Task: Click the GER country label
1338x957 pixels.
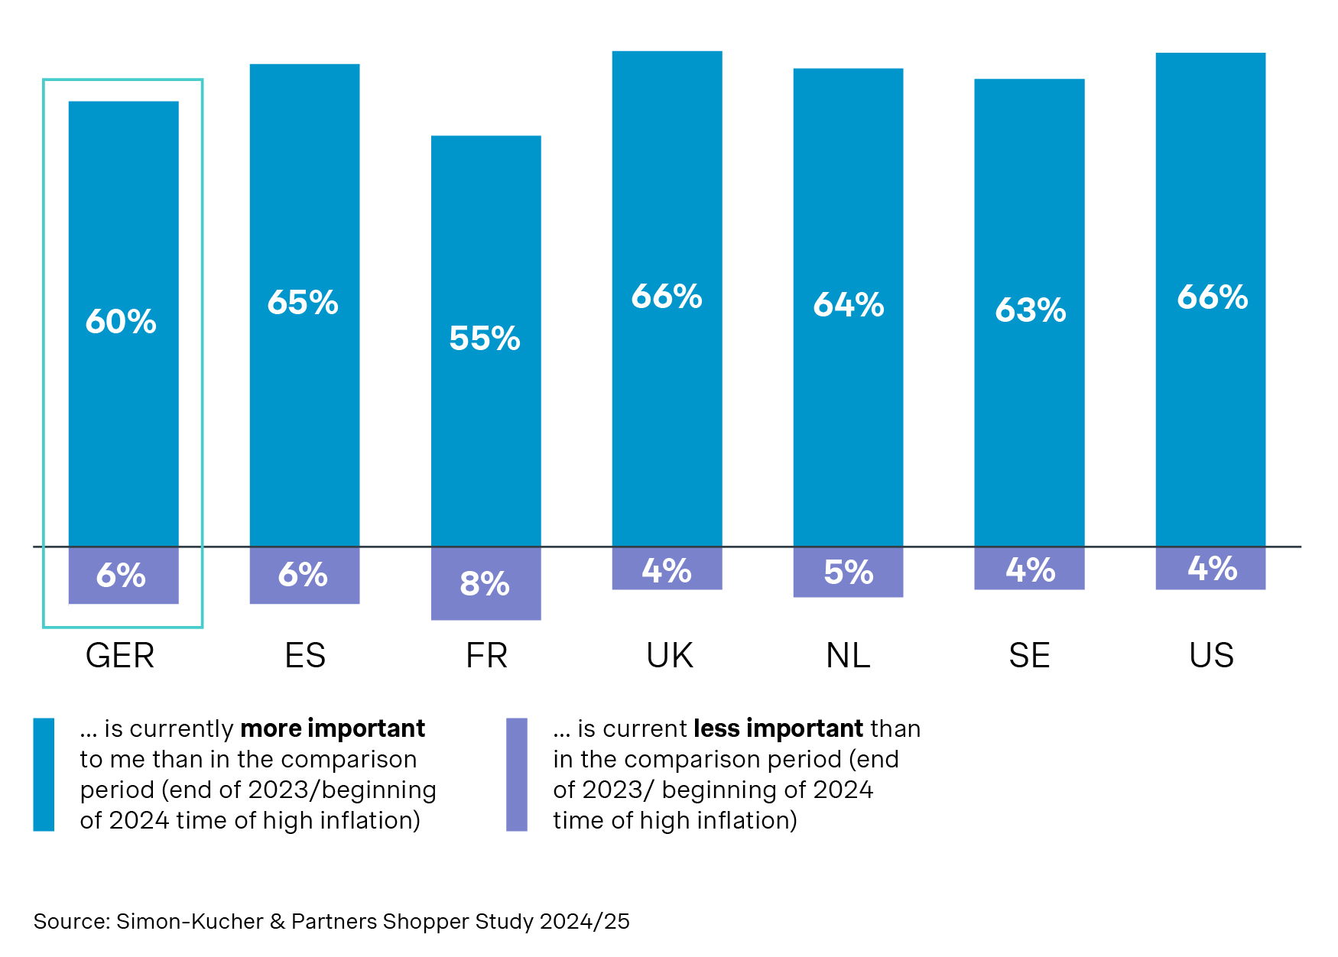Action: [x=120, y=656]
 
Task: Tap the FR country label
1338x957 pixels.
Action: [x=486, y=656]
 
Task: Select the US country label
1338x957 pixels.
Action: [x=1211, y=656]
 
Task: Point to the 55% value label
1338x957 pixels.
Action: [x=485, y=339]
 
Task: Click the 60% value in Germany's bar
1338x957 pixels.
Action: [x=121, y=322]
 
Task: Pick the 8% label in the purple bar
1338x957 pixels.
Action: [x=485, y=584]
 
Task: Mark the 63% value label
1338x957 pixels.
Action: [x=1030, y=310]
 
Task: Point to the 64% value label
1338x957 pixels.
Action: [x=848, y=305]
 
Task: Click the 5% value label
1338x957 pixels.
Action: [x=848, y=573]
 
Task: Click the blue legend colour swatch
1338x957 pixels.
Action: [x=44, y=774]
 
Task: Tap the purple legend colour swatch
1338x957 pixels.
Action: [x=517, y=774]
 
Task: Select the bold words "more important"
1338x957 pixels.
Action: [x=333, y=728]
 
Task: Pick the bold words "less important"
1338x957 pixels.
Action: [x=778, y=728]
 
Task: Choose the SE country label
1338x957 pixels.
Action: [x=1029, y=656]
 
